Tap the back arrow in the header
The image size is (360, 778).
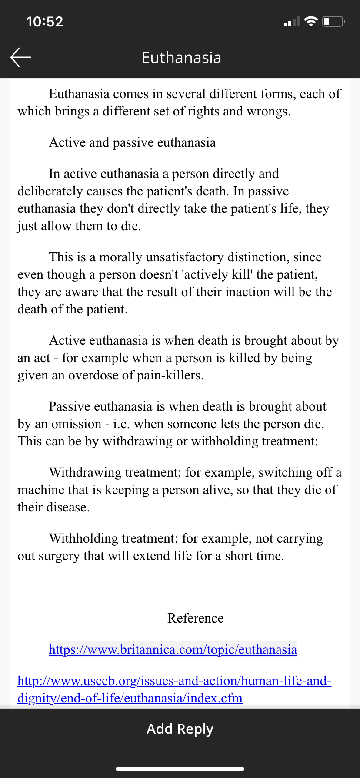point(21,57)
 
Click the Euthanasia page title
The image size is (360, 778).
point(181,58)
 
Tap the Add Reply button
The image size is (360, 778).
point(180,729)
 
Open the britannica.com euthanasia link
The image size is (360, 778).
point(173,649)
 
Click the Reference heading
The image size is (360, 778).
point(195,618)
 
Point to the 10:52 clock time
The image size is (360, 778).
point(45,22)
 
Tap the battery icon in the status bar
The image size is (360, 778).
point(333,22)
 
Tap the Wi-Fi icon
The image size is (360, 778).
point(311,22)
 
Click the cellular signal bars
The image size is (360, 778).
point(292,22)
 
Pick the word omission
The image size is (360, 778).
point(76,424)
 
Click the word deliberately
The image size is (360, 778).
point(50,191)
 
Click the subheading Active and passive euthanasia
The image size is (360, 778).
point(132,142)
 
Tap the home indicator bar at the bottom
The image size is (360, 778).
point(180,768)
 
